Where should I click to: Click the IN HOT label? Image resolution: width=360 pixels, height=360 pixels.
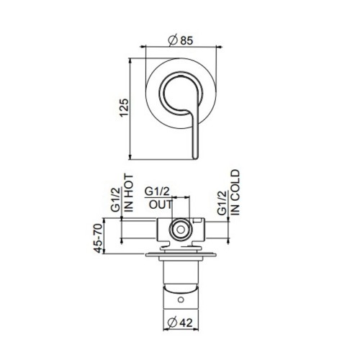pyautogui.click(x=130, y=193)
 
